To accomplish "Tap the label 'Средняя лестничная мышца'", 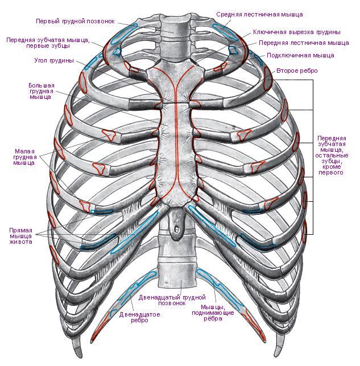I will point(259,13).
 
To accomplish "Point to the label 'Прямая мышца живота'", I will point(20,236).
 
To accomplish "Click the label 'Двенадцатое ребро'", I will point(134,317).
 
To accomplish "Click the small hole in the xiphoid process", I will point(177,230).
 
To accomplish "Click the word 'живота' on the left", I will point(20,242).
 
